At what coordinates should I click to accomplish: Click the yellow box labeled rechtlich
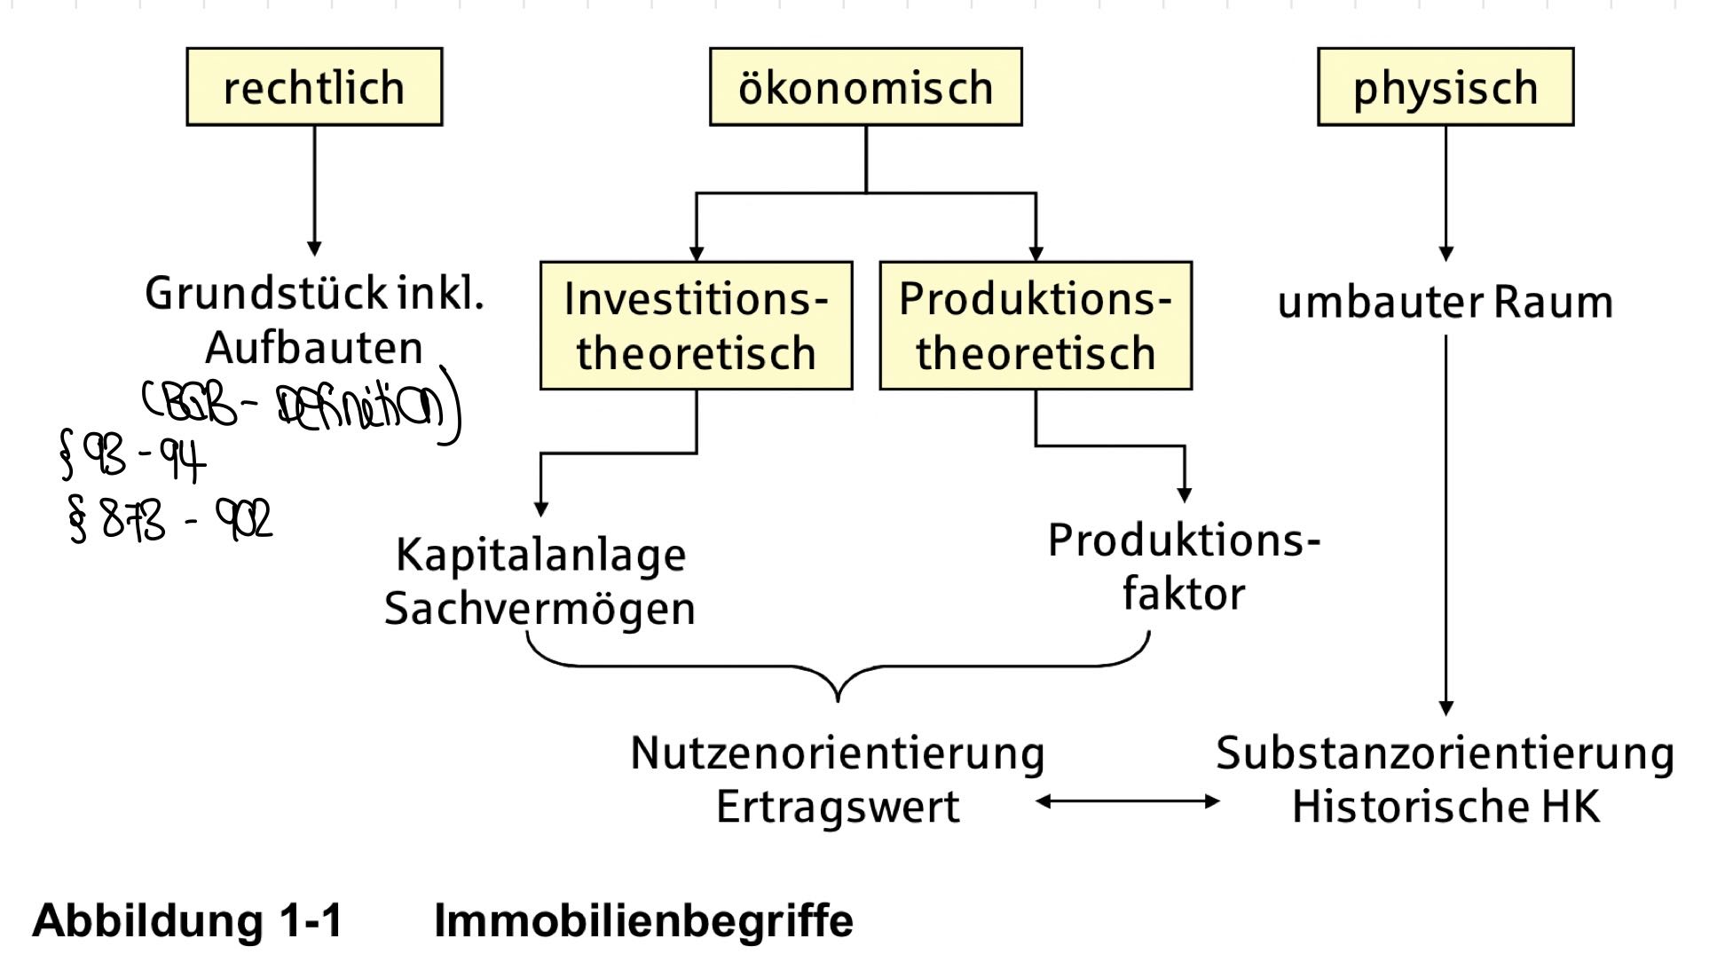[x=314, y=87]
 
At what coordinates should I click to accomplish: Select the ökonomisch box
[x=865, y=87]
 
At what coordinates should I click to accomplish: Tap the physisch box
[x=1445, y=87]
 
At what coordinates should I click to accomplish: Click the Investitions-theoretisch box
[x=696, y=326]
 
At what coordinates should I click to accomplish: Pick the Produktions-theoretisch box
[x=1035, y=326]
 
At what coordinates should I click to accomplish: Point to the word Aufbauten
[x=314, y=347]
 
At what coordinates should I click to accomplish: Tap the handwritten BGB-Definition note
[x=302, y=406]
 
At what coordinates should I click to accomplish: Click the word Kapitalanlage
[x=540, y=556]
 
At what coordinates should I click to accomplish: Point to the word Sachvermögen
[x=540, y=609]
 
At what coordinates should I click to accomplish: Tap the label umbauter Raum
[x=1445, y=302]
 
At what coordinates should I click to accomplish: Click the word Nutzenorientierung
[x=838, y=753]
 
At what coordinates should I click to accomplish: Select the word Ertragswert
[x=838, y=807]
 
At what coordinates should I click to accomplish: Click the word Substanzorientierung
[x=1445, y=753]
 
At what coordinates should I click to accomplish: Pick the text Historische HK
[x=1445, y=807]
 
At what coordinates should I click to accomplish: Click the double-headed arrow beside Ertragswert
[x=1127, y=801]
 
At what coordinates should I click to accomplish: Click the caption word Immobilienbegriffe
[x=643, y=920]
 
